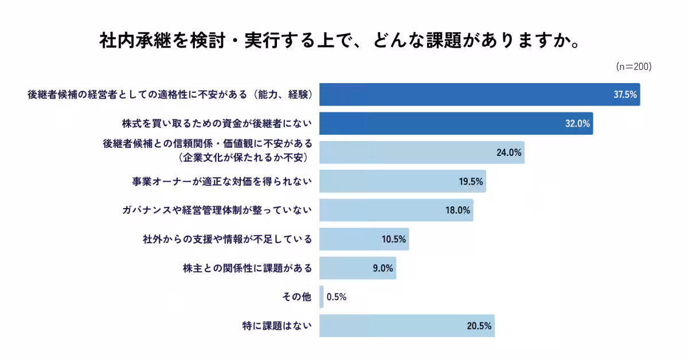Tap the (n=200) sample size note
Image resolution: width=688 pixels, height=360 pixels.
pos(634,67)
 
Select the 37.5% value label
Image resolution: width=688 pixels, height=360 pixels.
pos(625,95)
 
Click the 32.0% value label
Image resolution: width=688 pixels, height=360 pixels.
pos(578,124)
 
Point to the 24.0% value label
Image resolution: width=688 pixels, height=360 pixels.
pos(509,152)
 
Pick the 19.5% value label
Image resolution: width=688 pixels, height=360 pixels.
pos(471,182)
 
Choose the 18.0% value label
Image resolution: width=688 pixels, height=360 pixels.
pos(458,210)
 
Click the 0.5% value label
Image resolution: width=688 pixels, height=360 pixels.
pos(337,297)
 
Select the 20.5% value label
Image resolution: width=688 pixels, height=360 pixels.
pos(479,326)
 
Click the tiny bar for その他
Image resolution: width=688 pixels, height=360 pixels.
pos(322,297)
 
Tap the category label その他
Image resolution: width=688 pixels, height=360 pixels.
pos(297,297)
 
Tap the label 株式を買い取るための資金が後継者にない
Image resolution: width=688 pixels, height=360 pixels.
pos(217,124)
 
